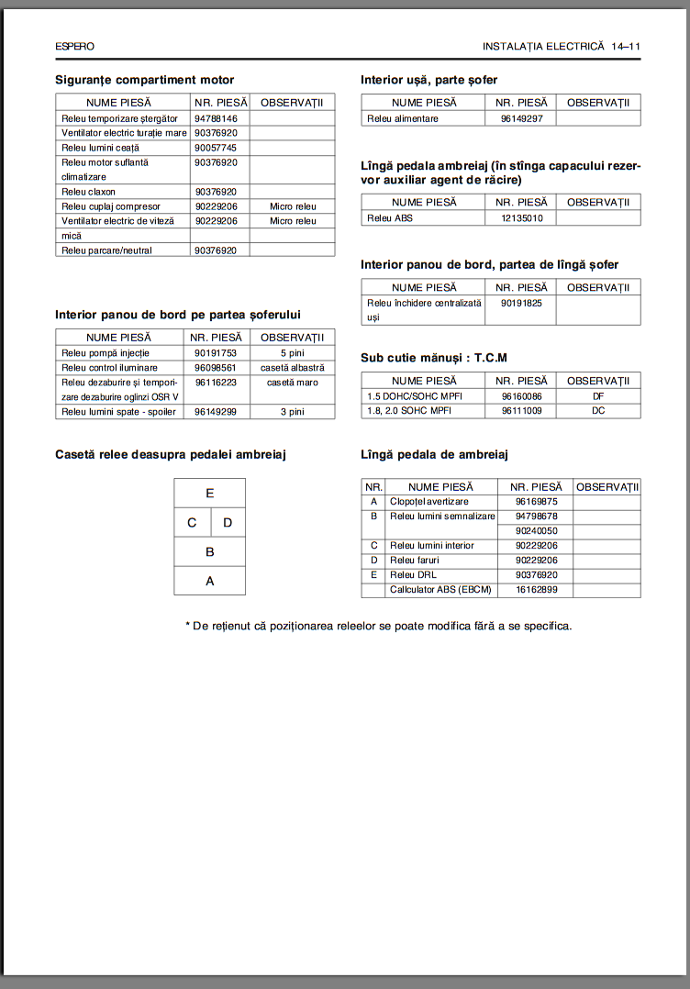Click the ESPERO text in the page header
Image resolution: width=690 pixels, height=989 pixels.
pos(74,46)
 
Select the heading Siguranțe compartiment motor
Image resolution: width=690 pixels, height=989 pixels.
pos(144,81)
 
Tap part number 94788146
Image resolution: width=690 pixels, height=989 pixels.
pos(216,118)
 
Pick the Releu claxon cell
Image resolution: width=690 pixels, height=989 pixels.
pos(88,192)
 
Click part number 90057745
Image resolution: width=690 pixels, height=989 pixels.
pos(216,148)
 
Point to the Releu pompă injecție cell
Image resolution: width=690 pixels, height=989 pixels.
pos(106,353)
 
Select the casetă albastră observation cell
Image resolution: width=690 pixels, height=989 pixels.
pos(293,368)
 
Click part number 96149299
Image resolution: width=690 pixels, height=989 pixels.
pos(216,412)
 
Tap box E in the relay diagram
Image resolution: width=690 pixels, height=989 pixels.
pos(210,493)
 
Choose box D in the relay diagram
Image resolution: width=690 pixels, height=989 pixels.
pos(228,523)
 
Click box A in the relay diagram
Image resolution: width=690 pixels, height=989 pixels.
pos(210,580)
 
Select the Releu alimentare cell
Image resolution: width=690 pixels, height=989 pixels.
pos(403,118)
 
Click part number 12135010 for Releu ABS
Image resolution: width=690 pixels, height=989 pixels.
pos(522,218)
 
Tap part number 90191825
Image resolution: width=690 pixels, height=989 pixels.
pos(522,303)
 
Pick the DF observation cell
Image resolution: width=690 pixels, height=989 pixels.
pos(598,396)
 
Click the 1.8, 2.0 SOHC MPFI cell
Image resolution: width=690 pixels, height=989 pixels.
pos(415,411)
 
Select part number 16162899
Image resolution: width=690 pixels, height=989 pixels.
pos(537,590)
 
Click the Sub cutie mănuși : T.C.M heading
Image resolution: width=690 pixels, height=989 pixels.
pos(434,358)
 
